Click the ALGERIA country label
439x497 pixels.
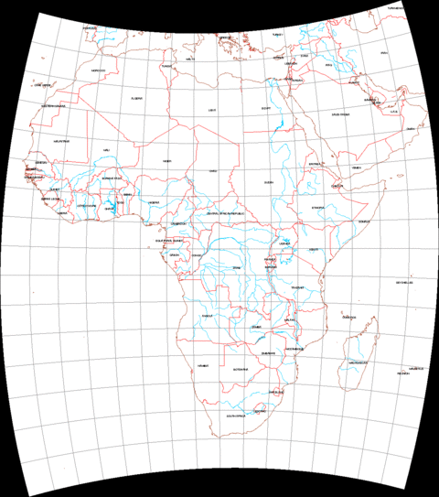click(x=136, y=98)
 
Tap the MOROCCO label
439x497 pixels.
click(x=99, y=70)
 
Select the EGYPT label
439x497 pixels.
click(x=266, y=108)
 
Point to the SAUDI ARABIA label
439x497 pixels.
click(x=341, y=114)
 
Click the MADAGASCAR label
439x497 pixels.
click(x=359, y=362)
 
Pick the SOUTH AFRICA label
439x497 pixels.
click(x=240, y=415)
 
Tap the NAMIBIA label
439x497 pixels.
click(x=202, y=365)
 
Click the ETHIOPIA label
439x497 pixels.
click(x=318, y=207)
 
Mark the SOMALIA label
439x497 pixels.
click(x=364, y=221)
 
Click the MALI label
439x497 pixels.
click(x=106, y=150)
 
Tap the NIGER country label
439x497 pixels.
click(x=166, y=161)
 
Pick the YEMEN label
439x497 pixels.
click(x=357, y=167)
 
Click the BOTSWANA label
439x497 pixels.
click(x=241, y=368)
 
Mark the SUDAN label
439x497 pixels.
click(x=269, y=182)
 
